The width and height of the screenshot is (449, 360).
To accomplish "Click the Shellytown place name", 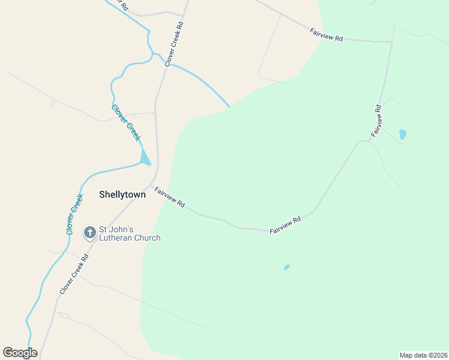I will click(122, 194).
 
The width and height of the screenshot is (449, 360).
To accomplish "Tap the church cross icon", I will click(90, 232).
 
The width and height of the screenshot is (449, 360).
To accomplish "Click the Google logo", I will click(20, 353).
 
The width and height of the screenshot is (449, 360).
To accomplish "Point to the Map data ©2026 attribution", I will click(423, 355).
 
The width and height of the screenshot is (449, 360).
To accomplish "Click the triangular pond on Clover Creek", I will click(145, 158).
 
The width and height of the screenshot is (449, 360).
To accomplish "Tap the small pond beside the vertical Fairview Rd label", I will click(402, 134).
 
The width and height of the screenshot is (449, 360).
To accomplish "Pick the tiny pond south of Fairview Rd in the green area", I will click(287, 267).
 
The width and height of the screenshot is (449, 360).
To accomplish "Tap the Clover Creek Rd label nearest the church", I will click(74, 274).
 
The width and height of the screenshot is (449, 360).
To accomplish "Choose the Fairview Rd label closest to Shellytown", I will click(169, 197).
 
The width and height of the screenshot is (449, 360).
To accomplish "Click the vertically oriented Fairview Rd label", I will click(376, 121).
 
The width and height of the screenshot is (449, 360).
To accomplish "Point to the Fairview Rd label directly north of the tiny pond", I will click(285, 226).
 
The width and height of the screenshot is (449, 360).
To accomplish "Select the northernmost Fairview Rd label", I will click(327, 35).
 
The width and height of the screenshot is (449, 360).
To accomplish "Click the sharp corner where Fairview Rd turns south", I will click(392, 42).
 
